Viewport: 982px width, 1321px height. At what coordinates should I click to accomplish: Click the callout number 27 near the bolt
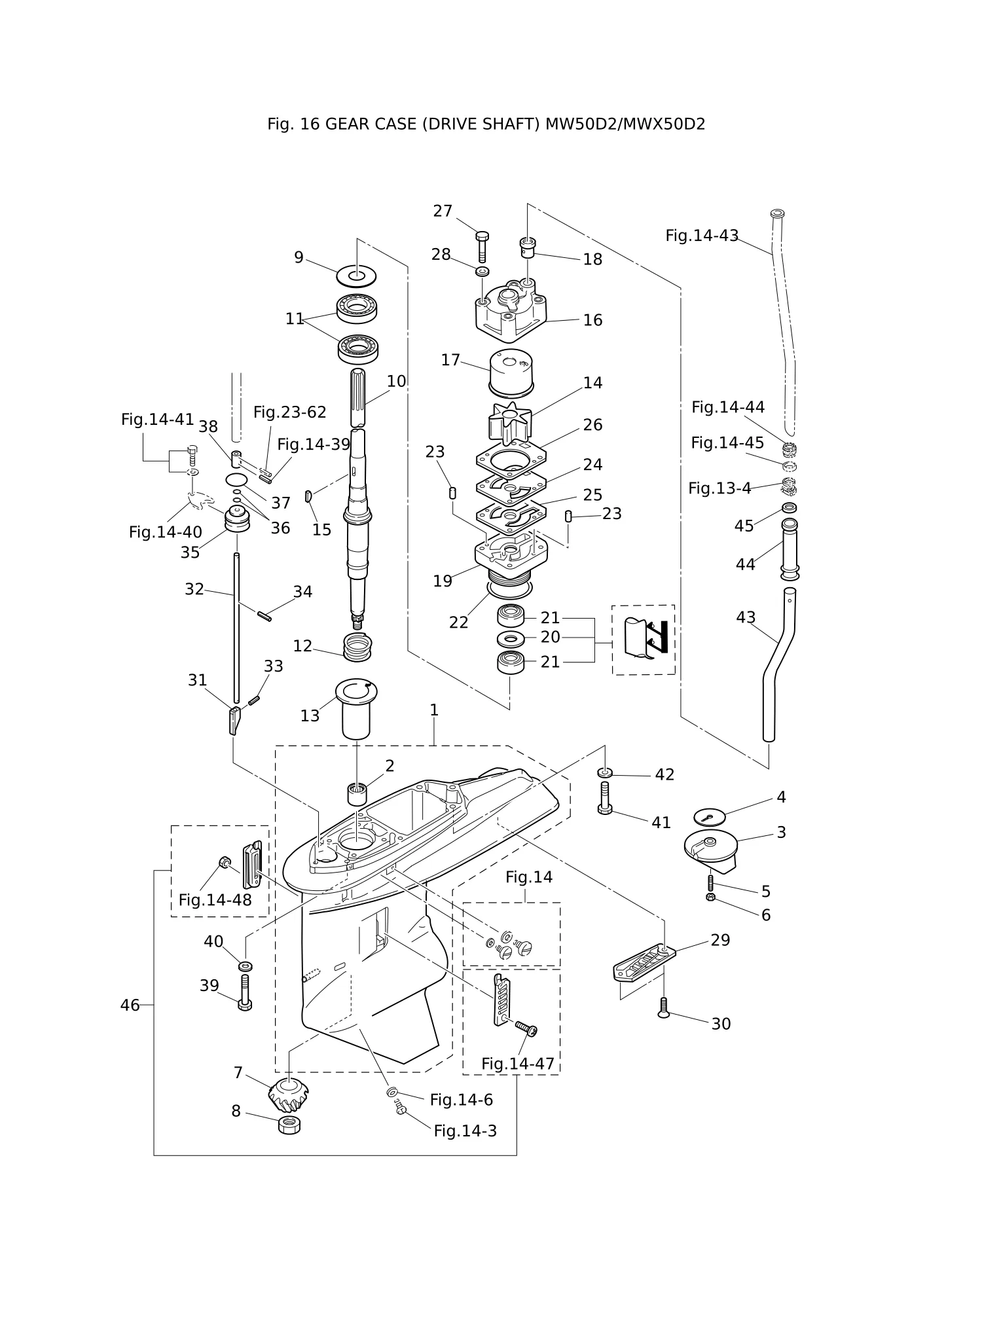tap(443, 211)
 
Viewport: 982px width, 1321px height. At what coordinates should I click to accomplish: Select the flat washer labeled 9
tap(356, 276)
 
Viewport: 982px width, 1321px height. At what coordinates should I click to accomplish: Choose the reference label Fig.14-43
tap(702, 236)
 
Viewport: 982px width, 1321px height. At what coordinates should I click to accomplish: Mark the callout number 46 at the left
tap(130, 1005)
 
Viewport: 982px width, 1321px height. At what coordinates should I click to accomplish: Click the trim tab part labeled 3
tap(710, 850)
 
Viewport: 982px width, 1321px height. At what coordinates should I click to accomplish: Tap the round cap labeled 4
tap(710, 816)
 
